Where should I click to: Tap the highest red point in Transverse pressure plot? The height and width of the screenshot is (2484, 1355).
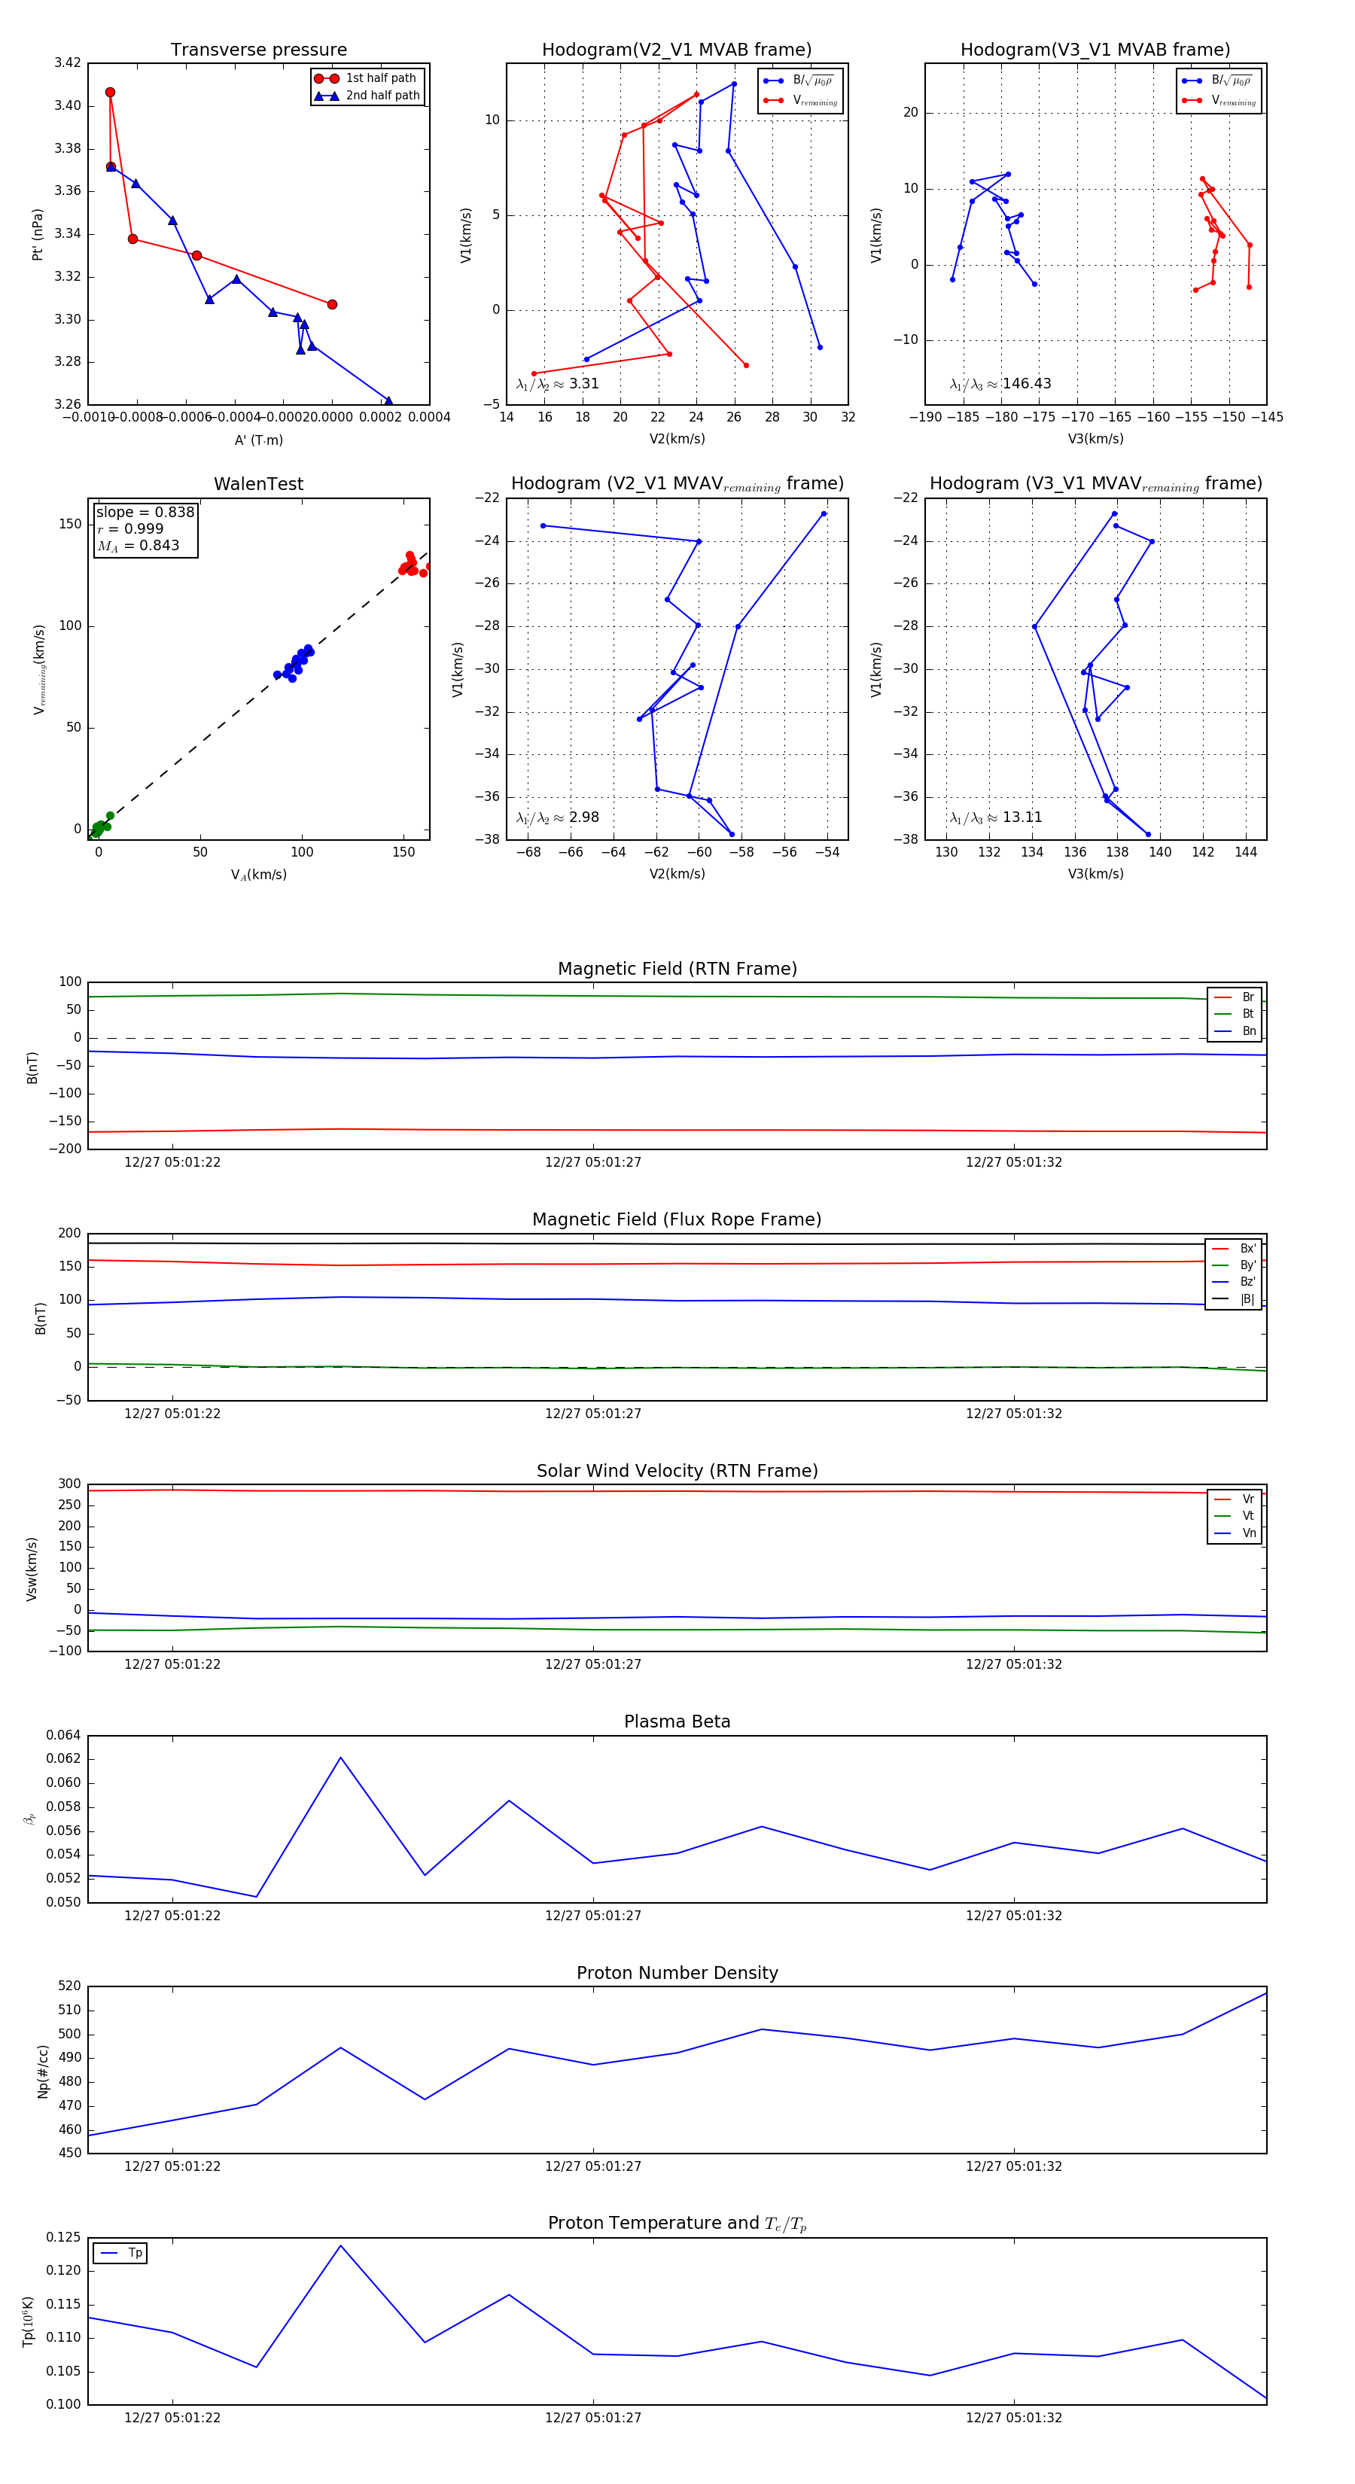(110, 93)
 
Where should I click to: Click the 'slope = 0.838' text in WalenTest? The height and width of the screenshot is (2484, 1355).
(145, 512)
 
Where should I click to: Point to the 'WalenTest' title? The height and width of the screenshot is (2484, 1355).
(258, 484)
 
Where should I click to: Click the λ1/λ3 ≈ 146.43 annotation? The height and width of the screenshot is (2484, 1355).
(1000, 384)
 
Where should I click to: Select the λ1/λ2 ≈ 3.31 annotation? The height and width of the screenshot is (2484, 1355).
(557, 384)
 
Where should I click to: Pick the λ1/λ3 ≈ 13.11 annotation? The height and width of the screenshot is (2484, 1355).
(995, 817)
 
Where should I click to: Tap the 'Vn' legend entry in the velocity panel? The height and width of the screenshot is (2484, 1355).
(1248, 1533)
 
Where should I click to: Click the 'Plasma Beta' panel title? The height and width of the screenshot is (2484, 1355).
(677, 1721)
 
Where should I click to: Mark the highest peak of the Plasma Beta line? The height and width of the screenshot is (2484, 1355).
(340, 1757)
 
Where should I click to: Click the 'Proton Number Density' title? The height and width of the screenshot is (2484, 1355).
(677, 1973)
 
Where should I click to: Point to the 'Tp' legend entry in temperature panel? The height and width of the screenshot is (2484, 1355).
(134, 2253)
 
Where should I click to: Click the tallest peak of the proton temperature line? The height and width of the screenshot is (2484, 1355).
(340, 2246)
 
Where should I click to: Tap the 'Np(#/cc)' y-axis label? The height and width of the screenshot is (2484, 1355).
(42, 2072)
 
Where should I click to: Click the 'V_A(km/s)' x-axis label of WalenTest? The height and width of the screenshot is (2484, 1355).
(258, 875)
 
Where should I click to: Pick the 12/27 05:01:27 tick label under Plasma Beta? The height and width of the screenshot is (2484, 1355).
(593, 1915)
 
